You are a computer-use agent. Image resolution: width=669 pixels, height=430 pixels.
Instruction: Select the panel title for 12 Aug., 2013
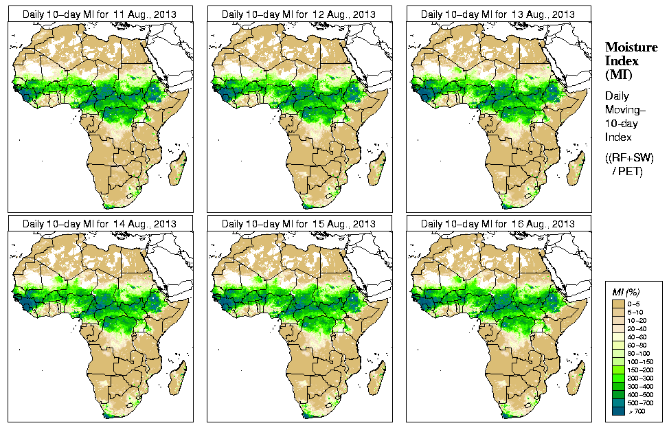(x=298, y=14)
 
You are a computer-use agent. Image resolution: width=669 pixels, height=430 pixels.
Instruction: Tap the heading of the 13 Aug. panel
(x=497, y=14)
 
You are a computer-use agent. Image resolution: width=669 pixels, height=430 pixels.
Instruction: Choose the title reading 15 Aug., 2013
(x=298, y=224)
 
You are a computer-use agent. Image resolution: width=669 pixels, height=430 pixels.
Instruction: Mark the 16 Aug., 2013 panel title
(x=497, y=224)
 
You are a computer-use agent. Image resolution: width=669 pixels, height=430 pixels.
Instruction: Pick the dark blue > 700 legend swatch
(x=617, y=411)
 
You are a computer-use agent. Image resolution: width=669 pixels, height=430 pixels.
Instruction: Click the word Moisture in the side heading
(x=631, y=47)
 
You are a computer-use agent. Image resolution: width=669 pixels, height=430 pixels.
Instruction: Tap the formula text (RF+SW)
(x=631, y=158)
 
